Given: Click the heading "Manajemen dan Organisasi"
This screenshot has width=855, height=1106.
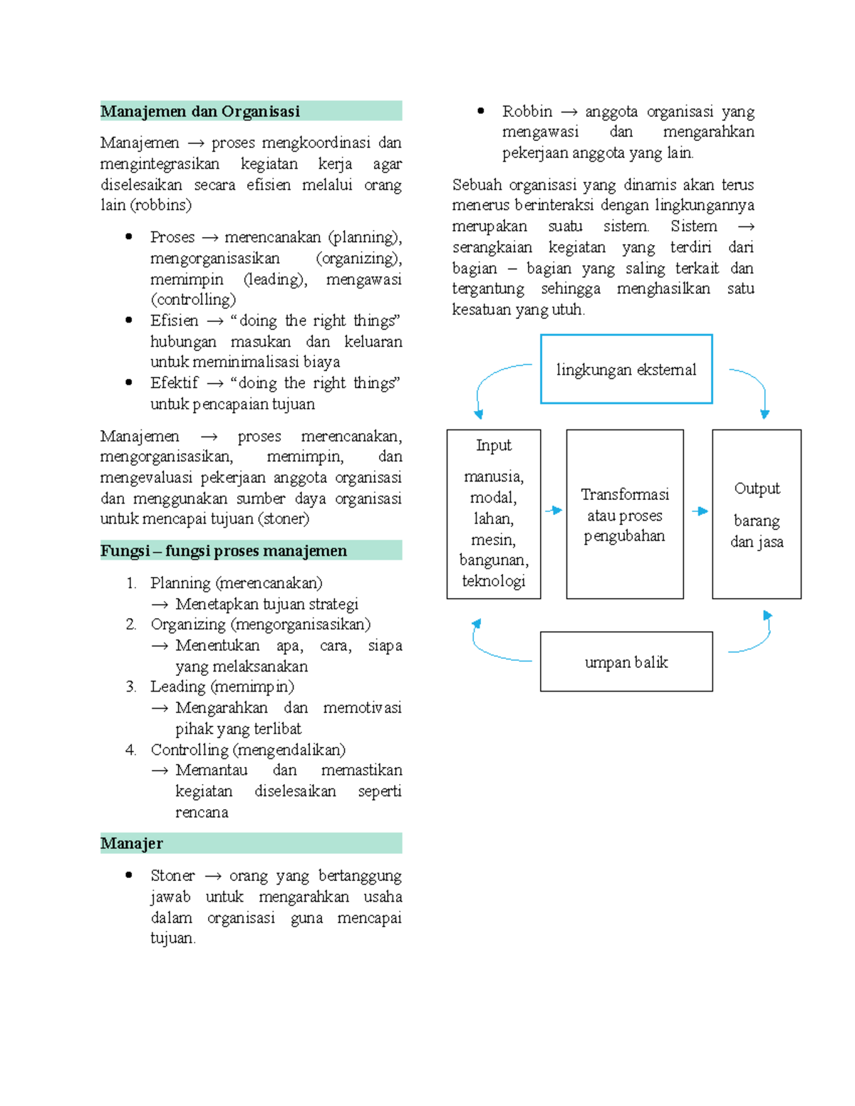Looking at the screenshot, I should point(200,112).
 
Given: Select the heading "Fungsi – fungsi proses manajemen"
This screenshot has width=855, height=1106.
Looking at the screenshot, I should point(224,551).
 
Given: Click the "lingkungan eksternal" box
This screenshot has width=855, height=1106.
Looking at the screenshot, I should point(626,370).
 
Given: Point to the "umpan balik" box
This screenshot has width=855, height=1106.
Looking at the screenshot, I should point(626,662).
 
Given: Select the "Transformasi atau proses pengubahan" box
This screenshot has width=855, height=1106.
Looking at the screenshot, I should point(625,515).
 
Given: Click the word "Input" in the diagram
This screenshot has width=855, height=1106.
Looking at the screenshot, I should point(494,446).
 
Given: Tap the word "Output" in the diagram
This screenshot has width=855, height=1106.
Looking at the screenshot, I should point(757,489).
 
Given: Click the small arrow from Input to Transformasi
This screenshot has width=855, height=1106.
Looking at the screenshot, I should point(554,510).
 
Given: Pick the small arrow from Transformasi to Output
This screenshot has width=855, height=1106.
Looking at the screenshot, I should point(700,511).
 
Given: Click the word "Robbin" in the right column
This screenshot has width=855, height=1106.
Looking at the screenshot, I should point(527,112).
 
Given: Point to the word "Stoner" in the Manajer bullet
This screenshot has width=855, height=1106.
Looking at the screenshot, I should point(172,876).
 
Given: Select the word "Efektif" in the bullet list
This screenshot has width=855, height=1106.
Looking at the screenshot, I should point(174,383).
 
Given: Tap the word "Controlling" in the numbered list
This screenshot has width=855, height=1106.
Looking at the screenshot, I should point(189,750).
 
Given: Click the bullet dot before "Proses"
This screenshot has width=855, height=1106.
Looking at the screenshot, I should point(129,237).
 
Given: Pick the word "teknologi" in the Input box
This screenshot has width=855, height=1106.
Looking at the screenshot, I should point(494,581).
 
